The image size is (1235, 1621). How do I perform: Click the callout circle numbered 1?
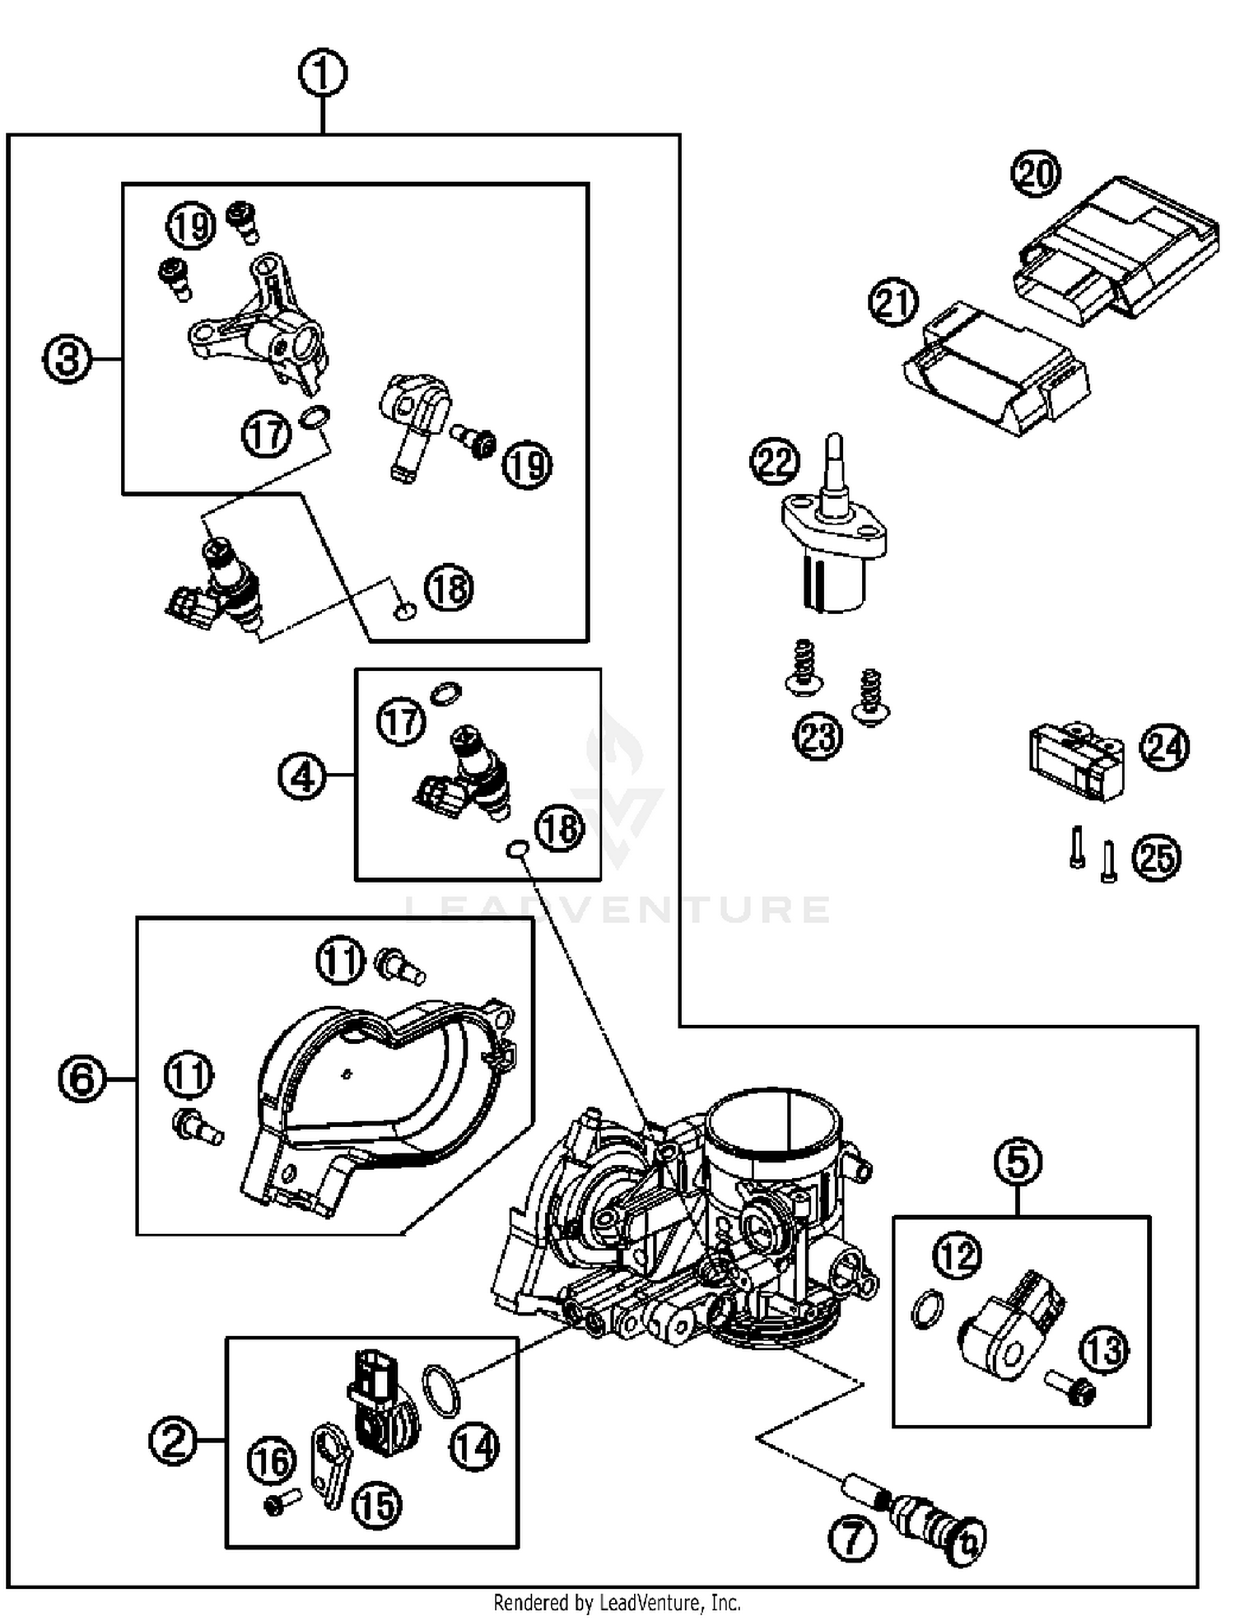(x=322, y=74)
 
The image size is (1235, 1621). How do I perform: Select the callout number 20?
(x=1036, y=174)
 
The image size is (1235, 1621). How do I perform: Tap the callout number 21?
(x=894, y=302)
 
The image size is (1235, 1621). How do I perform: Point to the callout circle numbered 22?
(x=775, y=462)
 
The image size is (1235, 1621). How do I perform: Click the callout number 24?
(x=1164, y=747)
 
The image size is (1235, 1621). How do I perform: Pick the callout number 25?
(x=1157, y=858)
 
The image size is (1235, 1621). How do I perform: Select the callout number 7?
(x=852, y=1537)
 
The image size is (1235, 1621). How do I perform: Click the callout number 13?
(x=1103, y=1349)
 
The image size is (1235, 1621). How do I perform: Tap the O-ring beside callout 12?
(x=929, y=1308)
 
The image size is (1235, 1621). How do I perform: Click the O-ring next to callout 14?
(x=442, y=1390)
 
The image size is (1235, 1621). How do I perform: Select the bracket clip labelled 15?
(x=330, y=1465)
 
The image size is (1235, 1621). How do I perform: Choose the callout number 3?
(x=67, y=359)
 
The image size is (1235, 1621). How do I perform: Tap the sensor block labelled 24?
(x=1075, y=762)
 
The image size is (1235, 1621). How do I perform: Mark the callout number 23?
(x=818, y=735)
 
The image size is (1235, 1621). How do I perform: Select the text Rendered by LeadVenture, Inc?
(x=617, y=1602)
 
